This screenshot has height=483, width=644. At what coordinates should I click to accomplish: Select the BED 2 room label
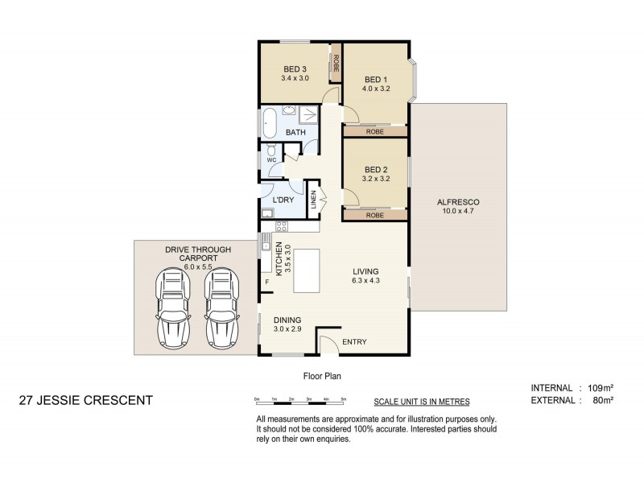click(376, 169)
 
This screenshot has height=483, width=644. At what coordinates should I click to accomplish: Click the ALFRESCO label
click(459, 201)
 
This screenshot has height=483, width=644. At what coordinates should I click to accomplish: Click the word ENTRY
click(354, 342)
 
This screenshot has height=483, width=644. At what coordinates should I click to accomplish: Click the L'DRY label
click(283, 200)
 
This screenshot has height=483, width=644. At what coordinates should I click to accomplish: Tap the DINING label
click(287, 319)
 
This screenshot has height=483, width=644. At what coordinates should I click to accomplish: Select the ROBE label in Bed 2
click(374, 216)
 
